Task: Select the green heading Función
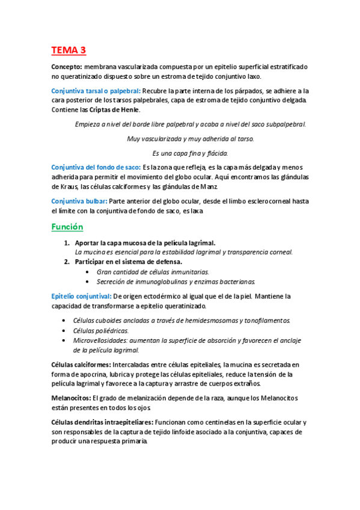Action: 67,227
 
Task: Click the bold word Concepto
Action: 67,67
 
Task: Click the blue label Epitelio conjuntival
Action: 81,296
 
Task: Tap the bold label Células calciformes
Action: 81,364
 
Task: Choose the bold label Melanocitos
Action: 71,398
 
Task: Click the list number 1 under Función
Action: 67,242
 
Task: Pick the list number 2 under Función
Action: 67,262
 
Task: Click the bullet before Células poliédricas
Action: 64,330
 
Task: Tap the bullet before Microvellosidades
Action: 64,340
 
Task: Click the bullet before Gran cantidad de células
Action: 88,272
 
